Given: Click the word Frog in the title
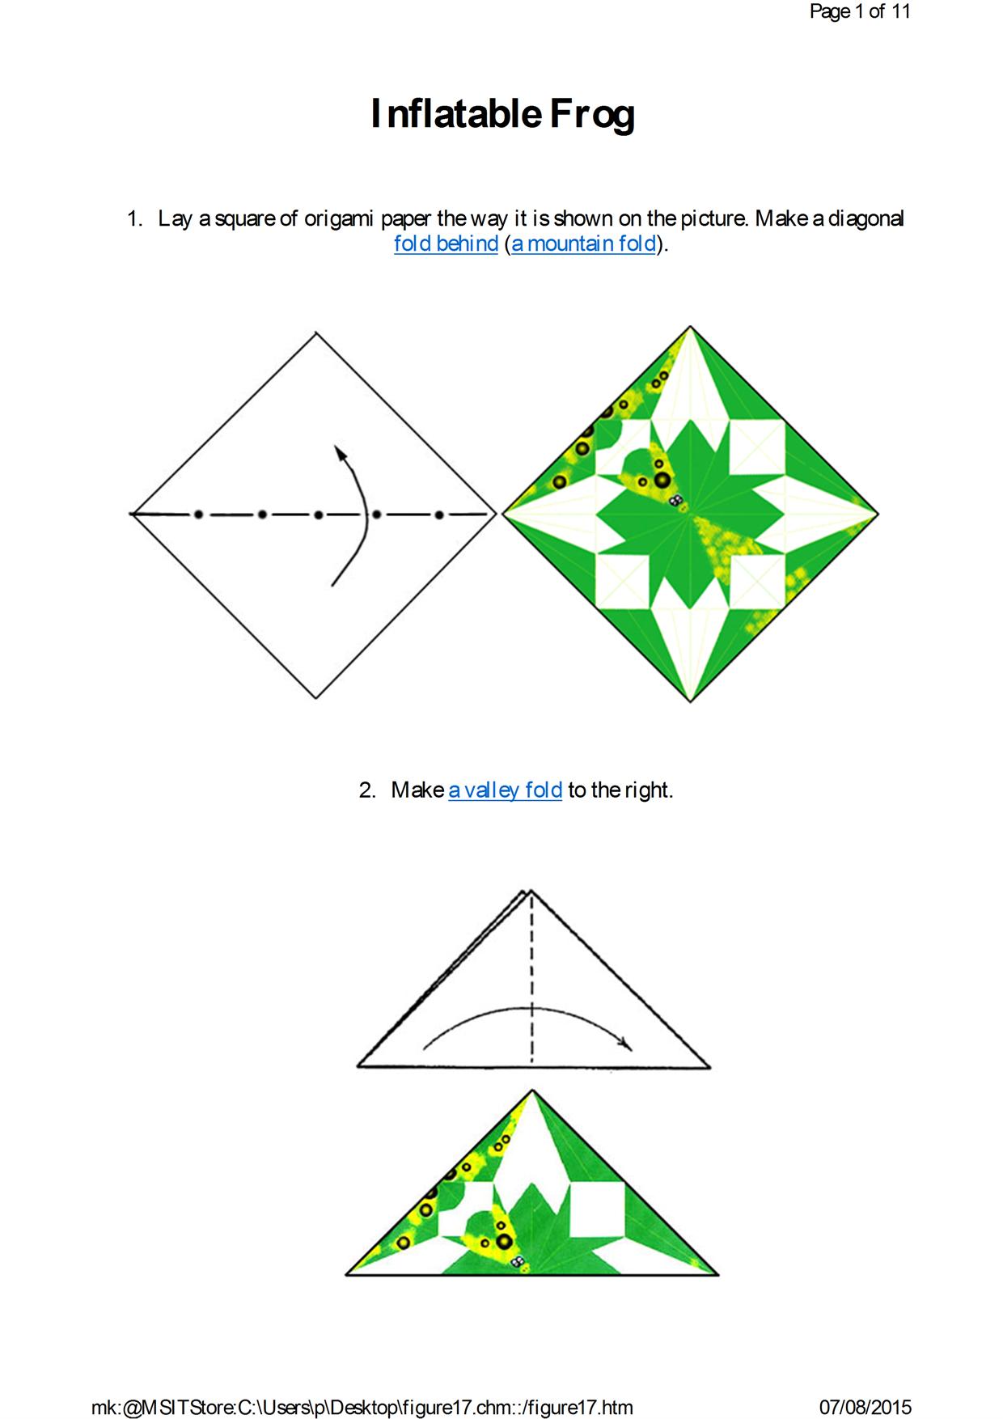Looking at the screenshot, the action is [593, 114].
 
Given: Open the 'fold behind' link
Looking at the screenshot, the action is [446, 244].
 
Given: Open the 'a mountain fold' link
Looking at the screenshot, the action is [583, 244].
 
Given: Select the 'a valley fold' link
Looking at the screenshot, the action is [505, 790].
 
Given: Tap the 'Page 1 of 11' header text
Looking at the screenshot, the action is [860, 11].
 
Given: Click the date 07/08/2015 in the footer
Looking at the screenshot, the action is [865, 1407].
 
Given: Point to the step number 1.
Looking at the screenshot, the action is [134, 218].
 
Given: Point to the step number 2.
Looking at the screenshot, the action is [367, 790].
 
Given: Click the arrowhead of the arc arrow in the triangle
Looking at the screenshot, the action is [625, 1044].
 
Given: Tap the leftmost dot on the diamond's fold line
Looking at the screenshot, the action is [198, 514].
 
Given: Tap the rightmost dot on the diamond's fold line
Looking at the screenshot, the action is [438, 514].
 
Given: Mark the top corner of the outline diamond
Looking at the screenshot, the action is [315, 332].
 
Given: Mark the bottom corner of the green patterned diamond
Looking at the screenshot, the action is [690, 701].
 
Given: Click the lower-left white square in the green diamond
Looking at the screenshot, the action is [623, 581].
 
